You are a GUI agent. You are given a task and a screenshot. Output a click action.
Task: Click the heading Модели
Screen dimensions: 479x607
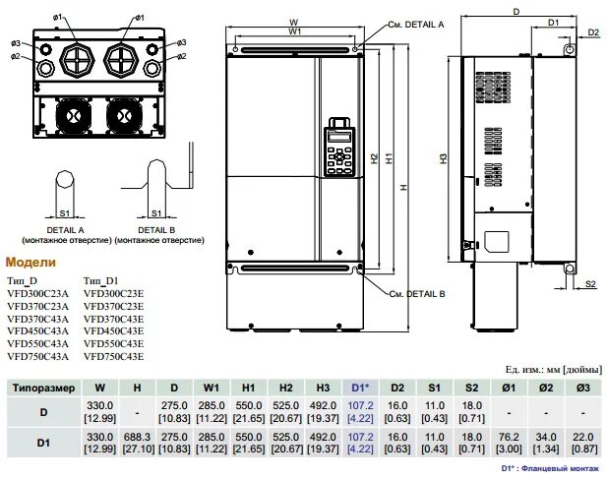pos(31,263)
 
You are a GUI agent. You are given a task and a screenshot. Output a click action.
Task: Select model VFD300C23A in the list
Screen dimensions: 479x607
pos(37,293)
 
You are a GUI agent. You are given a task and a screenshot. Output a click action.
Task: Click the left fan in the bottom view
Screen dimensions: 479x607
pos(75,115)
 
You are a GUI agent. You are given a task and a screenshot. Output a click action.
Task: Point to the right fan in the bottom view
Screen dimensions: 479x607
pos(124,115)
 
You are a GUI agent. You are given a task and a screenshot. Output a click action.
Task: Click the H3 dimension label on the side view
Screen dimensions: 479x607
pos(444,156)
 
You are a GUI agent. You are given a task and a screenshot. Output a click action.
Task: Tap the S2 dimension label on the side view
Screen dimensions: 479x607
pos(590,284)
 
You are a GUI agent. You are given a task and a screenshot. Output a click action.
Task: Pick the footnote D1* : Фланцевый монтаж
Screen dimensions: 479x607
pos(549,470)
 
